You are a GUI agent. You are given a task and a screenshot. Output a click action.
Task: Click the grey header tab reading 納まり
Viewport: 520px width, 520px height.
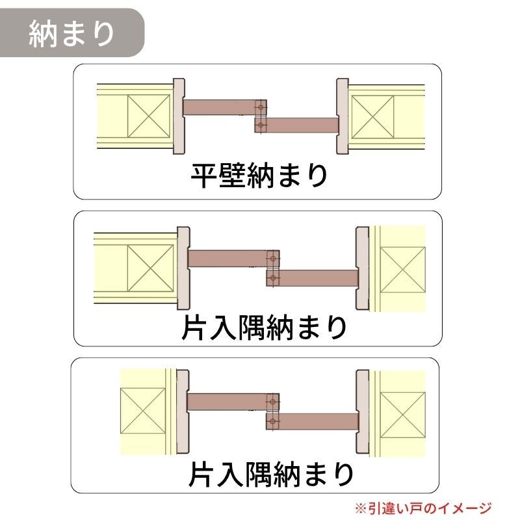click(x=71, y=33)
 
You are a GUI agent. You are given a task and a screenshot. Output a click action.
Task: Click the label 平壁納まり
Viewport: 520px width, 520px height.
click(x=259, y=175)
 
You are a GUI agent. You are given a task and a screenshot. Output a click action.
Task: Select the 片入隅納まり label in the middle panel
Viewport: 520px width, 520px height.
click(x=264, y=328)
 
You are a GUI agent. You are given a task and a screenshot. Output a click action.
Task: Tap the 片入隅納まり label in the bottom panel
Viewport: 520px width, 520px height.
click(x=271, y=474)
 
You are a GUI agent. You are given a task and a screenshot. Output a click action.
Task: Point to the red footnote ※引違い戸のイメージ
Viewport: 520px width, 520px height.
click(x=424, y=508)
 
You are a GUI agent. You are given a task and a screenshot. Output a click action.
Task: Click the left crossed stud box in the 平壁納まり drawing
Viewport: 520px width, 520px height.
click(x=149, y=116)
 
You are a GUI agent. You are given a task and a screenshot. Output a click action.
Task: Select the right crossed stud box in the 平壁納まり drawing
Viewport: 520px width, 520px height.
click(x=372, y=117)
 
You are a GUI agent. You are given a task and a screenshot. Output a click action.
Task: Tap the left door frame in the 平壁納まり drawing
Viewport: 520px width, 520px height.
click(x=179, y=116)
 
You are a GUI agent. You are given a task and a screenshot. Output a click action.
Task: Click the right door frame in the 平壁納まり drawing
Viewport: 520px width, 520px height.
click(x=343, y=116)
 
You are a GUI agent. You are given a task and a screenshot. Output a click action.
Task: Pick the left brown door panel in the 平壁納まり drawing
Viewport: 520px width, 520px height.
click(x=220, y=107)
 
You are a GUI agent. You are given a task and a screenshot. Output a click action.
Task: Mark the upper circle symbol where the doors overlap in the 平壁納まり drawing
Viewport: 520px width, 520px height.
click(x=261, y=107)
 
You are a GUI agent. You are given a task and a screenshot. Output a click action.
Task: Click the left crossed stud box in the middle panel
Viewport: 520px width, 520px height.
click(x=150, y=268)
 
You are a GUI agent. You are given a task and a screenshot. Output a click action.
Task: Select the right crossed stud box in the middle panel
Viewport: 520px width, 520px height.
click(x=402, y=270)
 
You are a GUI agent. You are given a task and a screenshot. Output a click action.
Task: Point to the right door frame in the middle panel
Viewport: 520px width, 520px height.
click(x=362, y=268)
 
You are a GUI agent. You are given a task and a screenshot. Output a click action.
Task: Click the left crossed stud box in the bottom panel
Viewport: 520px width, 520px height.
click(x=142, y=411)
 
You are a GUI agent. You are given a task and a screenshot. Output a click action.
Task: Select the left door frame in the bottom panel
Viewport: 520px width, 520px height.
click(x=183, y=412)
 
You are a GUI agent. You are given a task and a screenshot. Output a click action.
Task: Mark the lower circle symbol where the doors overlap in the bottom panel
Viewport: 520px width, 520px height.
click(x=272, y=421)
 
